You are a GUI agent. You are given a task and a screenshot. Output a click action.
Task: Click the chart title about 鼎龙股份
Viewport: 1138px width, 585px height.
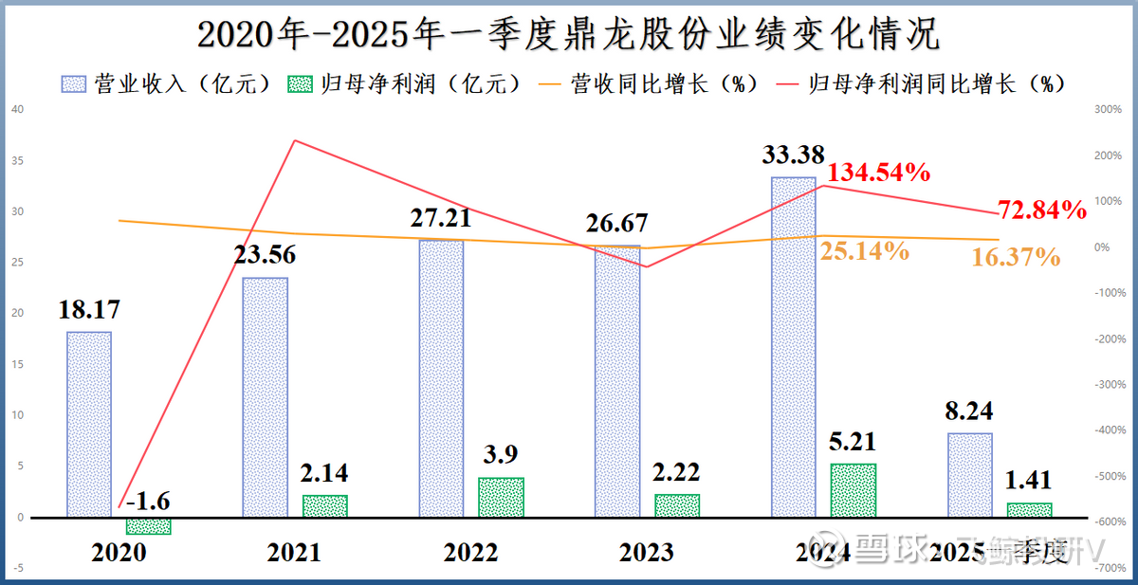point(568,35)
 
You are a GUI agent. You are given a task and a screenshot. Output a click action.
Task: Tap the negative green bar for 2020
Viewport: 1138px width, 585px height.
point(148,526)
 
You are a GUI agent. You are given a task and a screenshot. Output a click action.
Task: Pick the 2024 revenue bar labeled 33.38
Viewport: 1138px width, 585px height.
point(793,347)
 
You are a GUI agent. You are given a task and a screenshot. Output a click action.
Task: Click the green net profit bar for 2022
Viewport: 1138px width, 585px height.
point(501,498)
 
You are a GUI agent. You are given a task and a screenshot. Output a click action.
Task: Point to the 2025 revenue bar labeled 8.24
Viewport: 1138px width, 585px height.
point(969,475)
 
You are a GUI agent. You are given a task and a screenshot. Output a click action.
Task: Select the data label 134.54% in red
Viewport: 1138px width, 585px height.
point(878,173)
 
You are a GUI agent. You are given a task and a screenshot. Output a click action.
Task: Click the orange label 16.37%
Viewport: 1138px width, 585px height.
point(1016,256)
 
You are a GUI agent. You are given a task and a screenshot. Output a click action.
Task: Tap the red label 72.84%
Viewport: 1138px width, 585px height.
point(1041,210)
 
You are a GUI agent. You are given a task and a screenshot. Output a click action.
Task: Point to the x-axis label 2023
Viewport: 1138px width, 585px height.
point(647,553)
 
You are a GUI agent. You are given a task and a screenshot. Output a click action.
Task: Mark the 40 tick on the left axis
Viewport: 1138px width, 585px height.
point(17,108)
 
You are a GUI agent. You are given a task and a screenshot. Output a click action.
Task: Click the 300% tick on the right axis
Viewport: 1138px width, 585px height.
point(1107,110)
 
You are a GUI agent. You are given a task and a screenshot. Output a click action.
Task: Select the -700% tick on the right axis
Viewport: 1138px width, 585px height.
point(1105,568)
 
